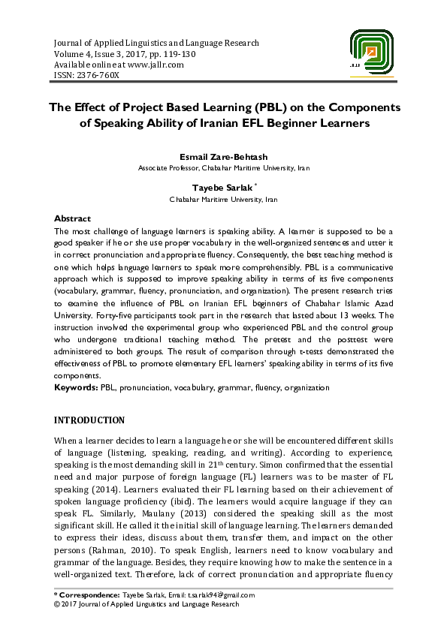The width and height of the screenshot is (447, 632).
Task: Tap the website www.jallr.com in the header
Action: [153, 65]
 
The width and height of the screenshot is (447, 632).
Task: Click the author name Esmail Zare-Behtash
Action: [224, 157]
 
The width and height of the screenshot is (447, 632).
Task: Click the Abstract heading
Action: [73, 218]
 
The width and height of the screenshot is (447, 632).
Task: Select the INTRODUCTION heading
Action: [90, 420]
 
